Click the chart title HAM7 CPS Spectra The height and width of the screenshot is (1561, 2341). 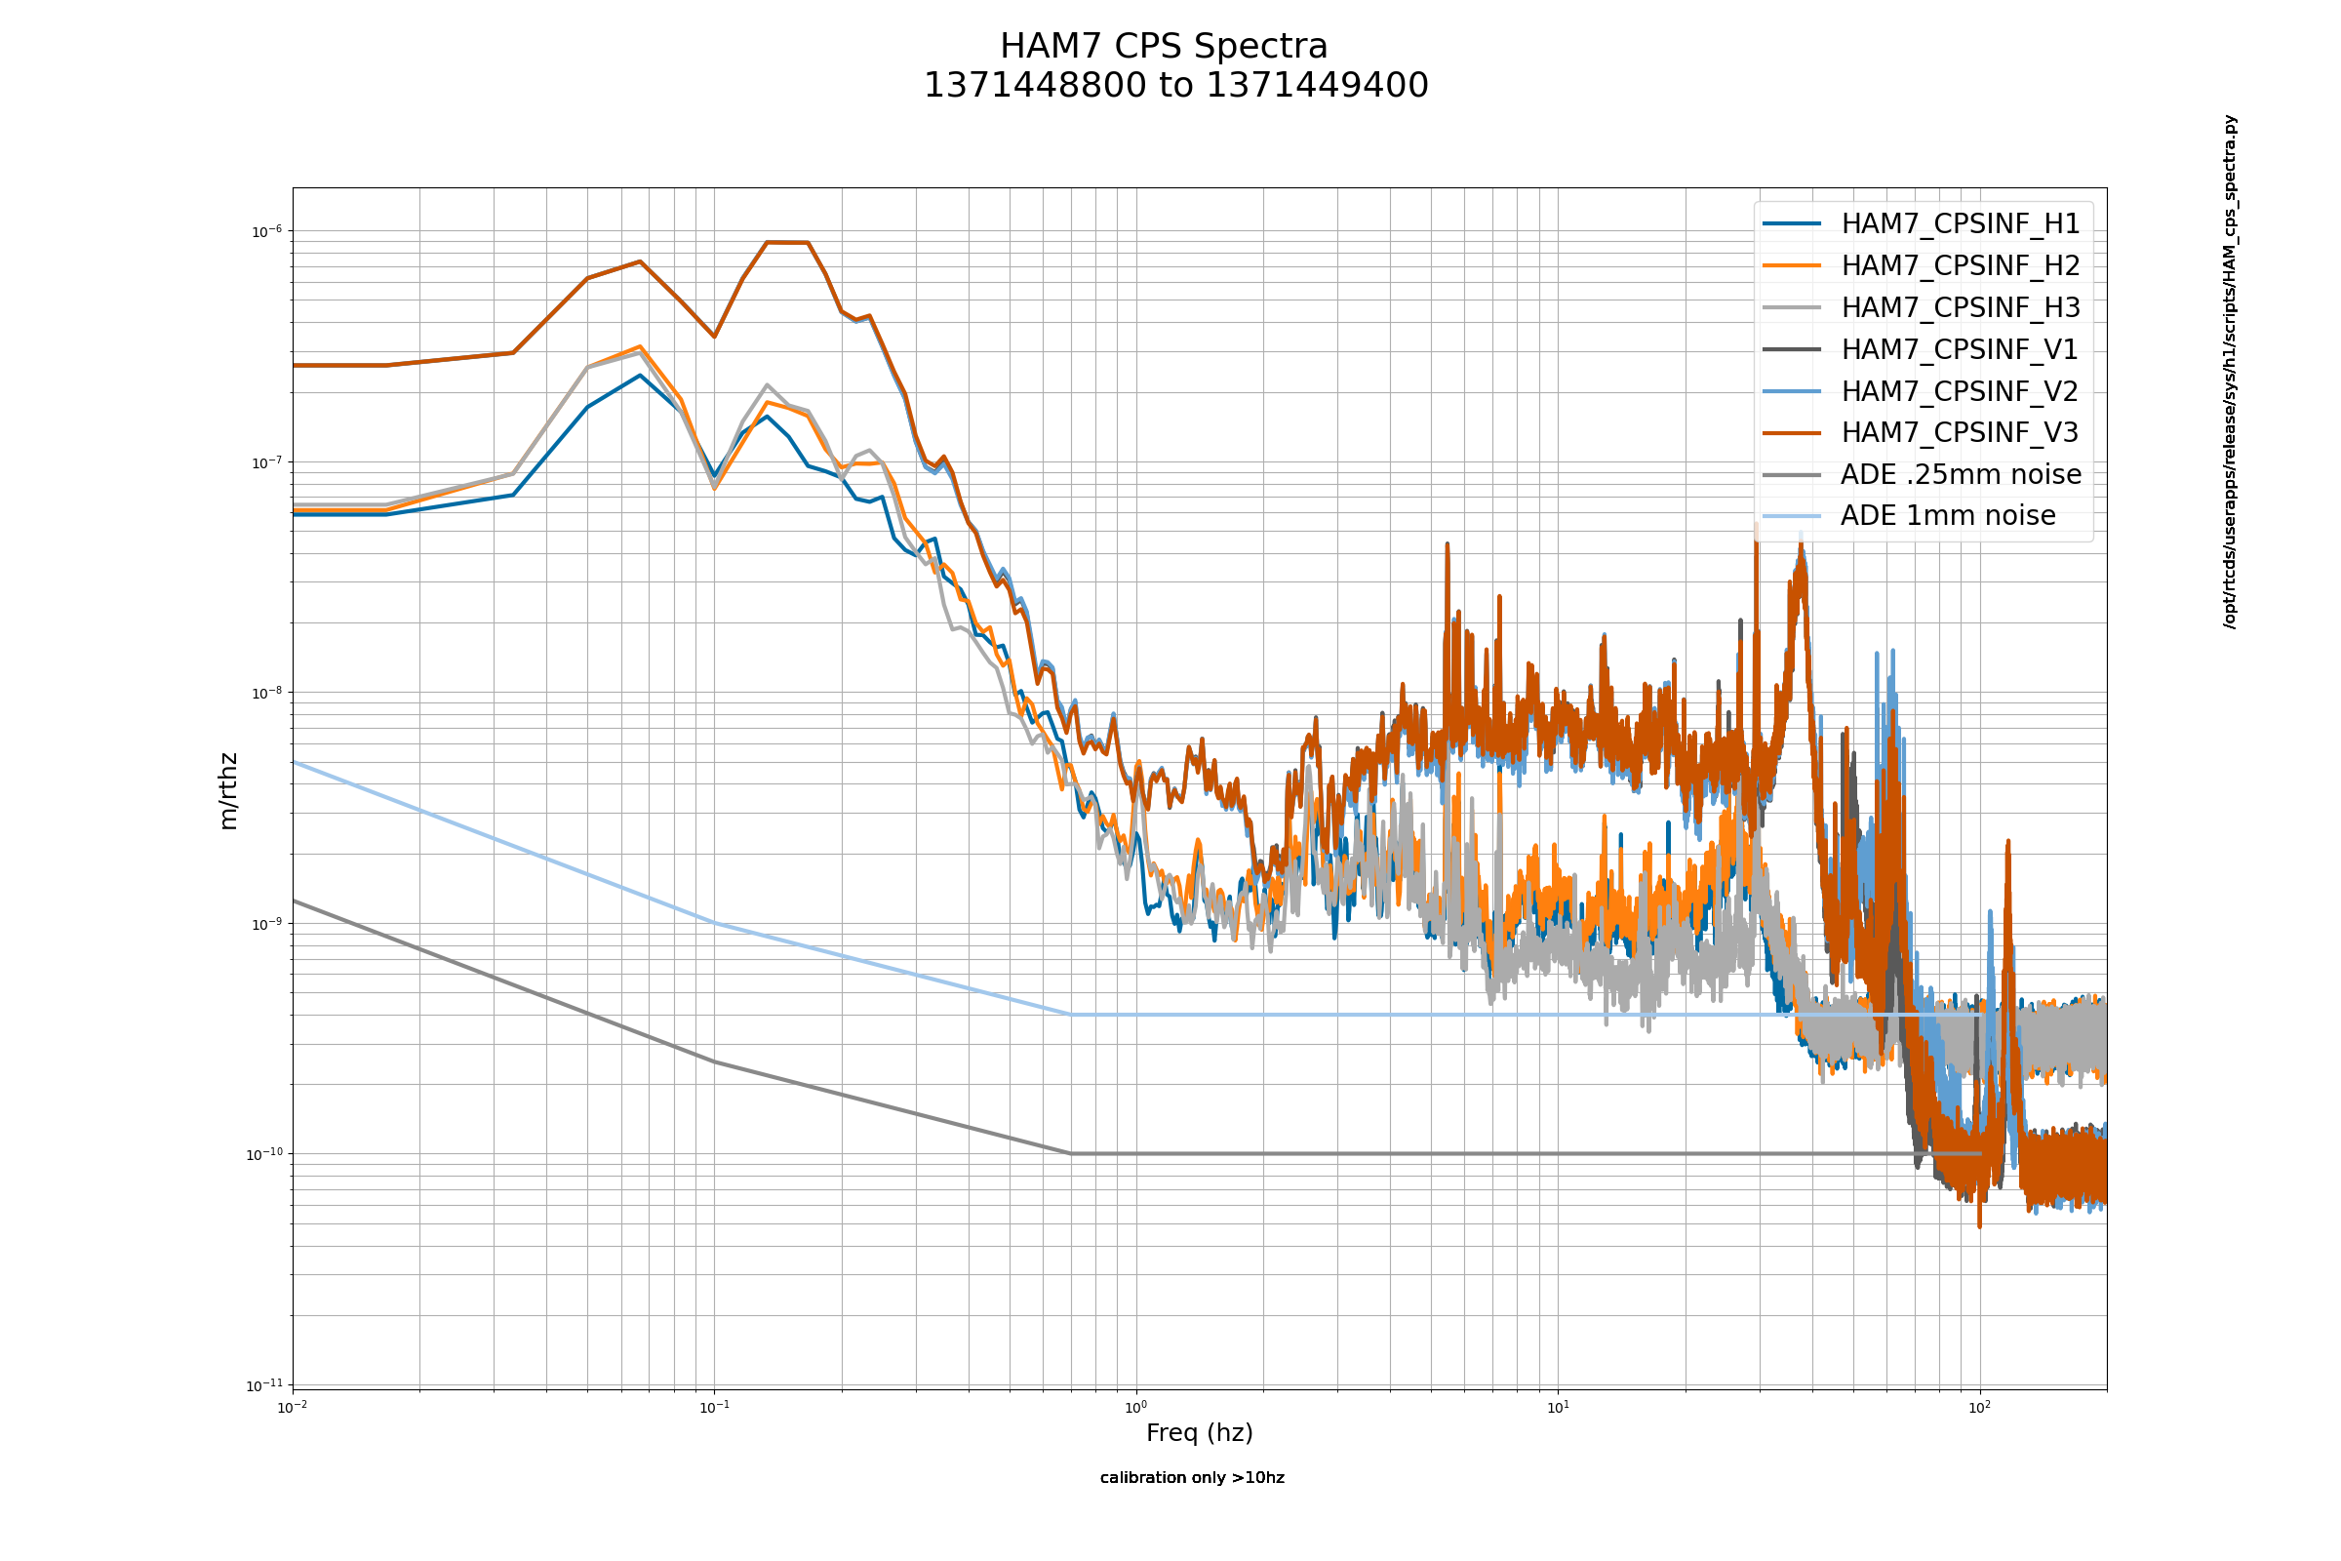click(x=1164, y=47)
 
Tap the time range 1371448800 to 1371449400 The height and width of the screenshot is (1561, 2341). click(x=1175, y=86)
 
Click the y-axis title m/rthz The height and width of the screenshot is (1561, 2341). click(x=228, y=791)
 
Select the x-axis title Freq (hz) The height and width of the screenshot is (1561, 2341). click(x=1200, y=1432)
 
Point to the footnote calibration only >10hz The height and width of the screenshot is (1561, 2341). click(x=1191, y=1477)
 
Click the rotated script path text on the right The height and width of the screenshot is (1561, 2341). click(x=2230, y=372)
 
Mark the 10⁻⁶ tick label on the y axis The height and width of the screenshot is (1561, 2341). click(x=265, y=232)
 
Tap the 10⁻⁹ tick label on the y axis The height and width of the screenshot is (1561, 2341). click(x=265, y=924)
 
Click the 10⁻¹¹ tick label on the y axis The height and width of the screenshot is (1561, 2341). click(x=263, y=1384)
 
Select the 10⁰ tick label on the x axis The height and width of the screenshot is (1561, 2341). click(x=1135, y=1407)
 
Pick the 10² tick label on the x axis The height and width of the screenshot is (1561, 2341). click(x=1980, y=1407)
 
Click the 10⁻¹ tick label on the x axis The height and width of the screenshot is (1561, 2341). click(x=714, y=1407)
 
